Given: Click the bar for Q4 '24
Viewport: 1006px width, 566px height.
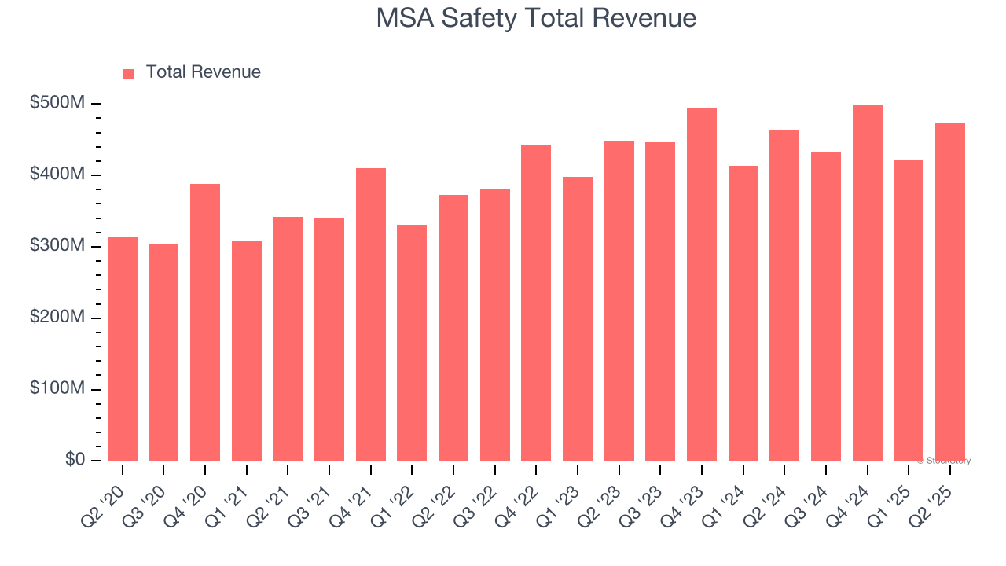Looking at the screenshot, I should (867, 283).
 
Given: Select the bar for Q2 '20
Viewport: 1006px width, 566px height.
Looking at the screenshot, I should (123, 349).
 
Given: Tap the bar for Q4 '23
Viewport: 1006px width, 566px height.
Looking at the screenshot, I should (702, 285).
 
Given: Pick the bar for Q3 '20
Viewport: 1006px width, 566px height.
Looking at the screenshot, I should (163, 352).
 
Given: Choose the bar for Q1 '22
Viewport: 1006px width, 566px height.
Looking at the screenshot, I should (412, 343).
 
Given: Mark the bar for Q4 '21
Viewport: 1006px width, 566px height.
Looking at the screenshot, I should (371, 314).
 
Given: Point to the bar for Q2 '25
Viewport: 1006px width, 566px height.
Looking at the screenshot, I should (950, 292).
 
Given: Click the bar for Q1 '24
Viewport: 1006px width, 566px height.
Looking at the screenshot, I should (743, 314).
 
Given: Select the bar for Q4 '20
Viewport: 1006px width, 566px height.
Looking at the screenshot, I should (205, 322).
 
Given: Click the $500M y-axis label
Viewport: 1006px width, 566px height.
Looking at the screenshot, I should (57, 104).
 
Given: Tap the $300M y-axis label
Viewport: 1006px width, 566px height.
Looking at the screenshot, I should (57, 246).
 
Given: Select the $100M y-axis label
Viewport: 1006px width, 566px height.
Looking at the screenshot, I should (57, 389).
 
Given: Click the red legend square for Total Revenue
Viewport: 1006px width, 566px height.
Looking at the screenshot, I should (129, 73).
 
